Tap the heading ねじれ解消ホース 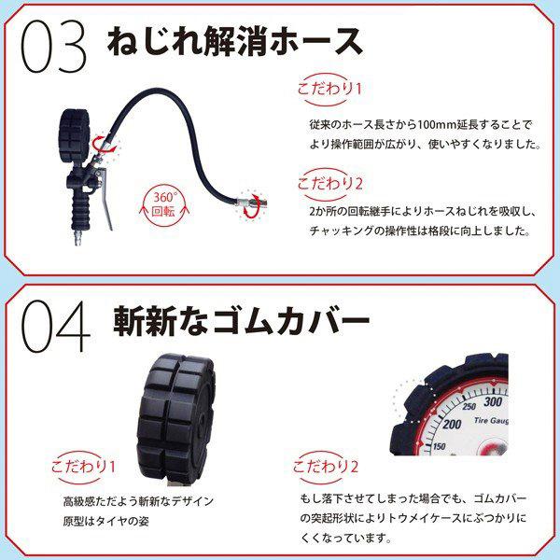(232, 42)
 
